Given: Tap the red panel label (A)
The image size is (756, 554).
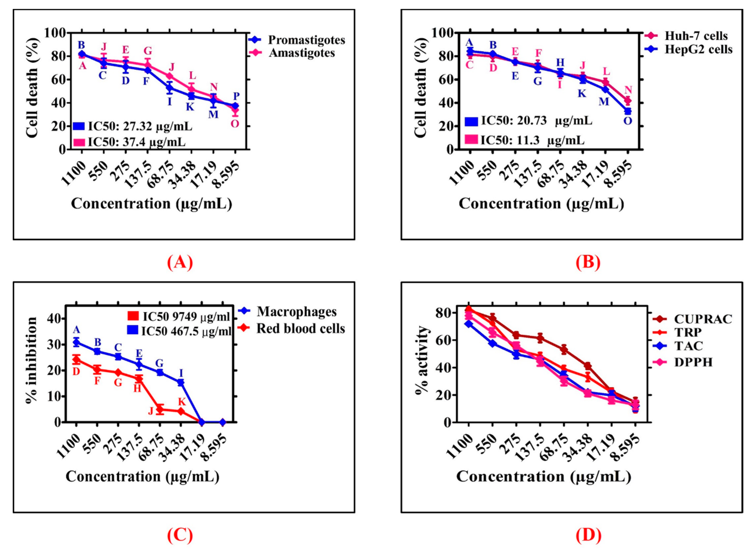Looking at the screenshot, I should pos(180,263).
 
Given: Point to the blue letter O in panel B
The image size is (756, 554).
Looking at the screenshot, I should pos(628,121).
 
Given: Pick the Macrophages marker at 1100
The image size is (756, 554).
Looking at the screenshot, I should pos(76,342).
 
